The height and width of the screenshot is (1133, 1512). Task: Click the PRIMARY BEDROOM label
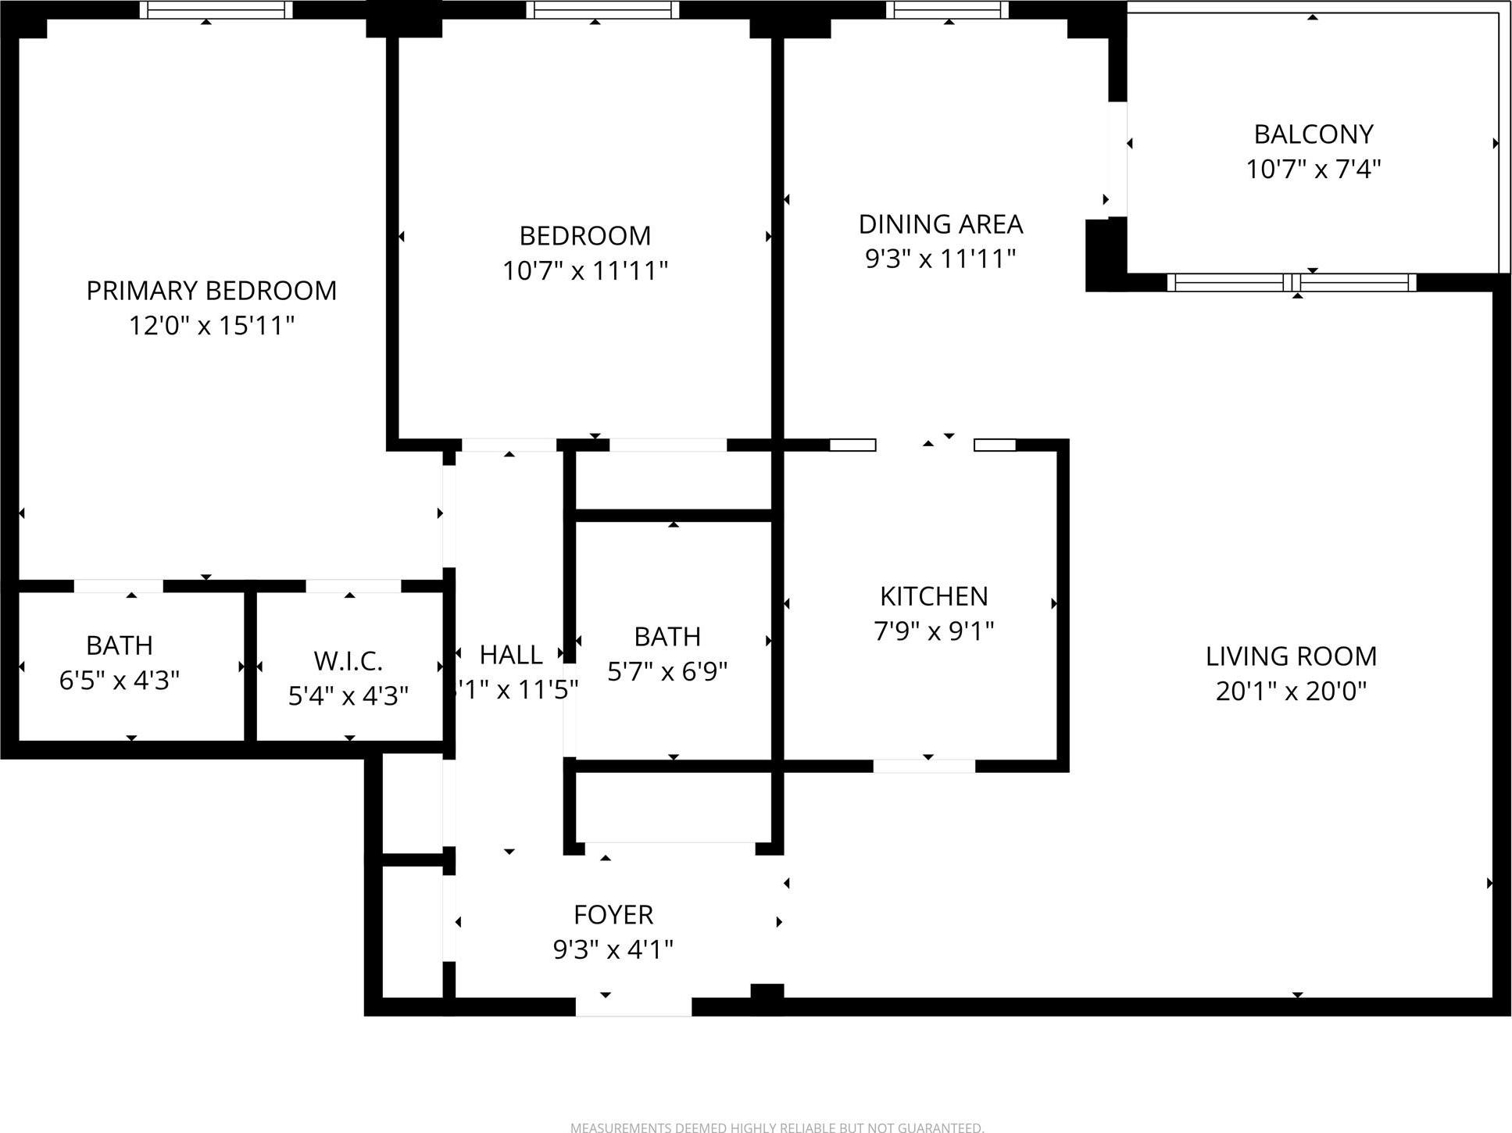(211, 291)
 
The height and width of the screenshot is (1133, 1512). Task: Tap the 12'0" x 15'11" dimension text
(211, 325)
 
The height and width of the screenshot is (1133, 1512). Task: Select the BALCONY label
(1313, 134)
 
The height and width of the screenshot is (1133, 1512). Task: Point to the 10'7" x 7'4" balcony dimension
(1313, 169)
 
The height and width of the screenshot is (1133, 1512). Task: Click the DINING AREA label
(940, 224)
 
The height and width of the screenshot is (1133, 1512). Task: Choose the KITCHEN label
(934, 596)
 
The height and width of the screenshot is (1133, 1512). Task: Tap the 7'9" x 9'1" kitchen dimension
(934, 631)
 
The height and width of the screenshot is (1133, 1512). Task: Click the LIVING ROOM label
(1291, 656)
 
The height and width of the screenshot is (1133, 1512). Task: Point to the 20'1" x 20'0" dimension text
(1291, 691)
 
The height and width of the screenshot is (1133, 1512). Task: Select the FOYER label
(613, 914)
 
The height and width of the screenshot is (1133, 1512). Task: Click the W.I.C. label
(348, 661)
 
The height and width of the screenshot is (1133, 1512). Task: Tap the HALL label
(510, 655)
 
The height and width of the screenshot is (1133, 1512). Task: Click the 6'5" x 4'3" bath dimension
(120, 680)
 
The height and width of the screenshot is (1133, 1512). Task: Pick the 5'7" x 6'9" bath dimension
(667, 670)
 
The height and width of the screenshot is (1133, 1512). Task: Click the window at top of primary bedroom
(216, 9)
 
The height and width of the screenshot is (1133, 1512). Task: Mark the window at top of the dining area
(947, 9)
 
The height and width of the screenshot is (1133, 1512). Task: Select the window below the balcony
(1291, 282)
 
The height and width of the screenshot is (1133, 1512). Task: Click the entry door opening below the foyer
(633, 1006)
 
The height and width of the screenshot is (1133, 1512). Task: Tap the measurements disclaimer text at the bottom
(777, 1128)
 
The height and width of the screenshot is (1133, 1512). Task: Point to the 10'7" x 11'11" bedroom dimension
(584, 270)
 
